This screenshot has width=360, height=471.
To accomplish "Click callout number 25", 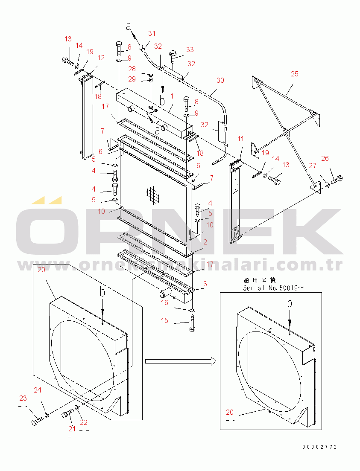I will coord(295,74).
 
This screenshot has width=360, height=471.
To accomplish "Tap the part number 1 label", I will coord(171,96).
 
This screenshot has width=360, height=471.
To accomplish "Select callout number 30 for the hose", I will coord(220,80).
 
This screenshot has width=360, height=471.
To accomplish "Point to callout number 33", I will coord(190,49).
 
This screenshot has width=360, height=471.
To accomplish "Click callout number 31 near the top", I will coord(152,33).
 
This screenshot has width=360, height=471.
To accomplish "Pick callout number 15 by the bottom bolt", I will coord(165,321).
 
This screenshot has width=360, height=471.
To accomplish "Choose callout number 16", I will coord(164,302).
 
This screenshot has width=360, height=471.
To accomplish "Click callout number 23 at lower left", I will coord(23,398).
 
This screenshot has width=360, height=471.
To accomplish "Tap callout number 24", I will coord(38,390).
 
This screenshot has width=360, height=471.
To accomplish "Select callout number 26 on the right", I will coord(325,159).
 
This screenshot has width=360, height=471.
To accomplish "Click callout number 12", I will coord(101,58).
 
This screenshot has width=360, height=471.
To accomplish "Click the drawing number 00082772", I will coord(320,447).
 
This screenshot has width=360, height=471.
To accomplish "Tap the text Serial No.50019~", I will coord(268,288).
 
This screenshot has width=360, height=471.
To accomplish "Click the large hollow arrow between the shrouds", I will coord(179,361).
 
